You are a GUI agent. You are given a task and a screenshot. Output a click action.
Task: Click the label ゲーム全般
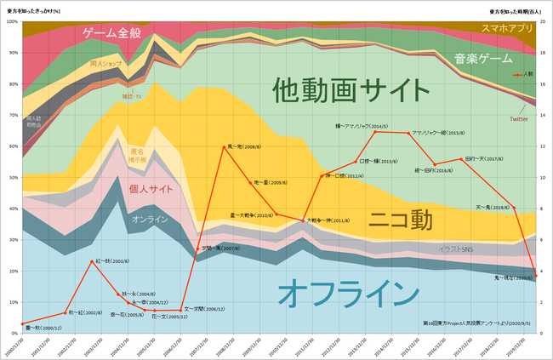coord(120,34)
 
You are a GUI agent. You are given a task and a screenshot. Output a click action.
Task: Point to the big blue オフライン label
coord(348,291)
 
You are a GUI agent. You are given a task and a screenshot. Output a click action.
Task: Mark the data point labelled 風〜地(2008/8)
coord(223,146)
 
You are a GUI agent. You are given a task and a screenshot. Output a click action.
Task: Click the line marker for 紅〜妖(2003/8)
coord(91,260)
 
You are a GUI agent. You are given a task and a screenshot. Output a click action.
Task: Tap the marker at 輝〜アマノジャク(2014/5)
coord(375,132)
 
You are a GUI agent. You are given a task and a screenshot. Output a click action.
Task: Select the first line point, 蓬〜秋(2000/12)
coord(23,324)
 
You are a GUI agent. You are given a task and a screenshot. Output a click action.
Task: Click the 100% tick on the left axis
coord(11,21)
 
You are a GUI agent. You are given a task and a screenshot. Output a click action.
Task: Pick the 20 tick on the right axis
coord(542,21)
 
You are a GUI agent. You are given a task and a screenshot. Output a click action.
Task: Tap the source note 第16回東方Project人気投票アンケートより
coord(476,323)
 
